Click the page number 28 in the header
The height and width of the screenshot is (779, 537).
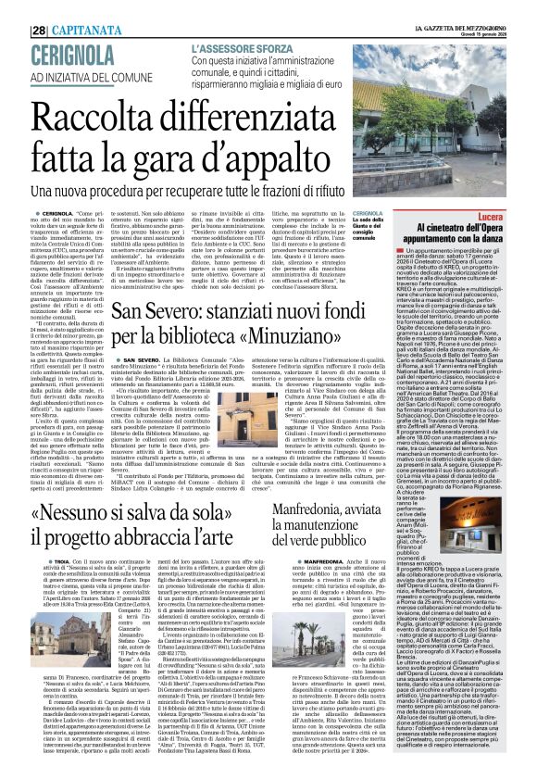coord(15,6)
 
